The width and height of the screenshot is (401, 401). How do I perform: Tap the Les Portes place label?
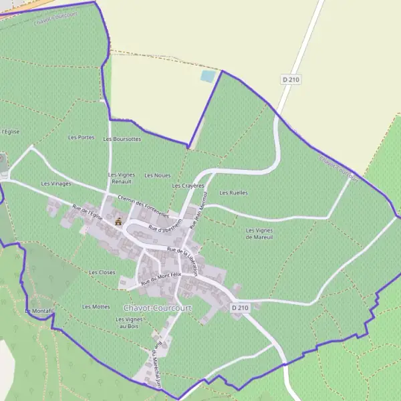click(81, 137)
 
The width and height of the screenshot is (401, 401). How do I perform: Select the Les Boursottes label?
click(122, 139)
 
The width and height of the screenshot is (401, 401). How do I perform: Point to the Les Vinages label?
click(55, 183)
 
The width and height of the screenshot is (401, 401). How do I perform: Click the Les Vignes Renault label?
click(122, 178)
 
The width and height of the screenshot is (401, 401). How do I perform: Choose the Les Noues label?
click(157, 175)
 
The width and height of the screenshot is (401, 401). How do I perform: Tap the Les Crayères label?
click(186, 185)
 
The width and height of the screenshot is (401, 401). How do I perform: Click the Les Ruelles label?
click(233, 192)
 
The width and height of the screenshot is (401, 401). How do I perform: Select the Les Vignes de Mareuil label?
click(259, 233)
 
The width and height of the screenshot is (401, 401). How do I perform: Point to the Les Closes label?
click(102, 272)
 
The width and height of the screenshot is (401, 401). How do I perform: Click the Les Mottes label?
click(96, 306)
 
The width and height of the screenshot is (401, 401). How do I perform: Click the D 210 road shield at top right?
click(291, 80)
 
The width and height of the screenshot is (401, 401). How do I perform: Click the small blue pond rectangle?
click(208, 76)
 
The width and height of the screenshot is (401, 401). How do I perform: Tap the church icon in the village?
click(118, 221)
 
